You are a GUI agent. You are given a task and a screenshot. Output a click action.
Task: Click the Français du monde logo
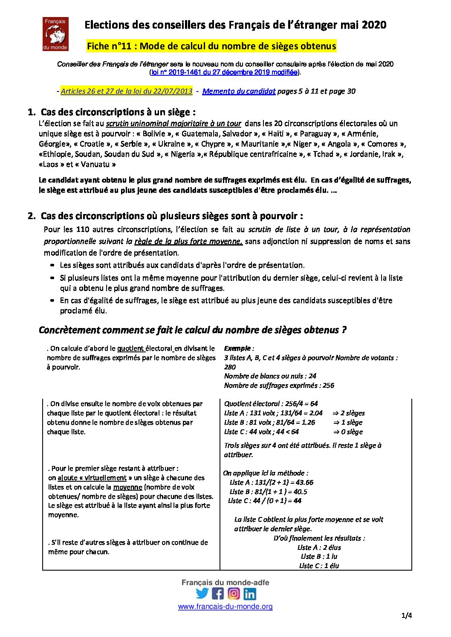(55, 34)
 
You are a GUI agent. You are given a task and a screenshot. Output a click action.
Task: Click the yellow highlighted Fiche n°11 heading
(211, 46)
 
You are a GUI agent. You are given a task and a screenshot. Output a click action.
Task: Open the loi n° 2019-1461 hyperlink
(225, 72)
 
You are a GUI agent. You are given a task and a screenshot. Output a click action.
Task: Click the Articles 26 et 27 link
(127, 91)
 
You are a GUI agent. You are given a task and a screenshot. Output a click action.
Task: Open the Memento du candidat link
(239, 91)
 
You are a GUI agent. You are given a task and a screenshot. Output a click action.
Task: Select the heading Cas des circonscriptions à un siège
(118, 112)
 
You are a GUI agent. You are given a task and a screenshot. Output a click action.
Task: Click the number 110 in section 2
(82, 229)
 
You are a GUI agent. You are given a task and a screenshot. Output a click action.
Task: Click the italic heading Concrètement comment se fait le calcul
(192, 330)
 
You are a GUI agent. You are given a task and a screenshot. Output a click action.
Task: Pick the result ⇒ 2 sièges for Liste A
(349, 413)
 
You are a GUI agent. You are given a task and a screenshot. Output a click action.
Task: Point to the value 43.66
(304, 482)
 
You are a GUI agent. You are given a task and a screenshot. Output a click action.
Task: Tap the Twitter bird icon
(202, 593)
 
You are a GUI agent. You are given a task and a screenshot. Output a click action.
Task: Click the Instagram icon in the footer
(234, 593)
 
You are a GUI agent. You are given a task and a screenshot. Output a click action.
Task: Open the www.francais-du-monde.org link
(225, 606)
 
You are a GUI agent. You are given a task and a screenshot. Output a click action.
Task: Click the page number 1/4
(406, 615)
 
